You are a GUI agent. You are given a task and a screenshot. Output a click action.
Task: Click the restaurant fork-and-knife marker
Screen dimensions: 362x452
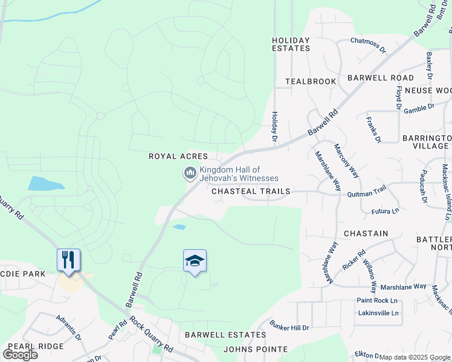68,260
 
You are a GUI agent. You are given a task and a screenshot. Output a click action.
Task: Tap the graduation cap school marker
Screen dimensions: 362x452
195,261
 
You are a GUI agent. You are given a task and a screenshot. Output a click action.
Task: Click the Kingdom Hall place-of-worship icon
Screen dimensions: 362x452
190,174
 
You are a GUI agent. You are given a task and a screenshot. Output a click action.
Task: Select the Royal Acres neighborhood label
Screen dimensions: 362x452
178,156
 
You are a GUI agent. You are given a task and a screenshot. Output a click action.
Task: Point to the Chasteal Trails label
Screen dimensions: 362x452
251,191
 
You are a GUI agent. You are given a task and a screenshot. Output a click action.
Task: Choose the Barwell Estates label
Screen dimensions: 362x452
225,334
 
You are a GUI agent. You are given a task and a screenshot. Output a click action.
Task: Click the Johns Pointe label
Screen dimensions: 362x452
256,349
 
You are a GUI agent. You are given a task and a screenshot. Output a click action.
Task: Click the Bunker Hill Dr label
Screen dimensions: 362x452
289,327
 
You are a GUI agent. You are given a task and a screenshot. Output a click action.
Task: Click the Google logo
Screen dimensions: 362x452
21,354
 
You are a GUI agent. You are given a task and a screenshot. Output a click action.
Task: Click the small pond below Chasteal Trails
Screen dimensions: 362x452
179,227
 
